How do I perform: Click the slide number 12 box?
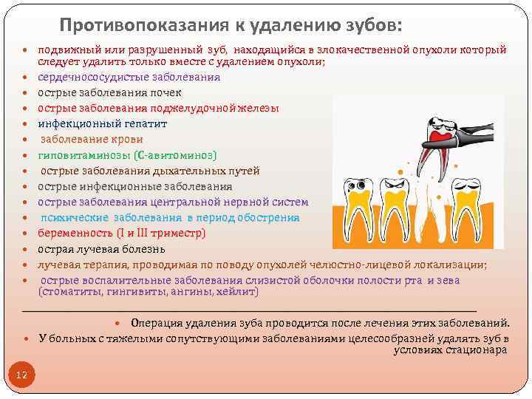click(x=21, y=376)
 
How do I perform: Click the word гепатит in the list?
click(x=143, y=123)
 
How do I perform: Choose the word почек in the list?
click(x=166, y=92)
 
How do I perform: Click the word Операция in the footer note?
click(x=159, y=323)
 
